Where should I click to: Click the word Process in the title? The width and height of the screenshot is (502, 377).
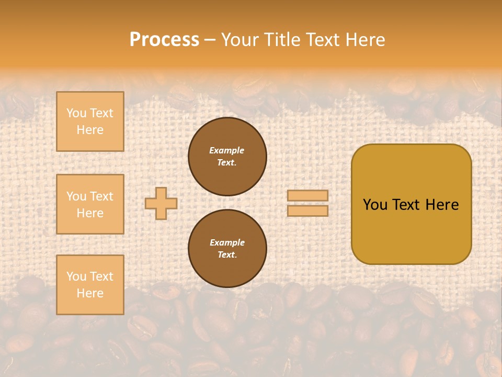click(x=164, y=40)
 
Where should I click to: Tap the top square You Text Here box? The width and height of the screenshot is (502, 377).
click(x=90, y=121)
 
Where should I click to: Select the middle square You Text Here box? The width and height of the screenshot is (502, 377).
click(x=90, y=204)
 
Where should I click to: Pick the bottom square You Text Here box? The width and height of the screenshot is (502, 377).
click(x=90, y=285)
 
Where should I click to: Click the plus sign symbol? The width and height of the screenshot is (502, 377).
click(x=161, y=203)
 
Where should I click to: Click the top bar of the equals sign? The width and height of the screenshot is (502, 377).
click(x=307, y=195)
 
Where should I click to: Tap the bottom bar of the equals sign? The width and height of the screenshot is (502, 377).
click(x=307, y=210)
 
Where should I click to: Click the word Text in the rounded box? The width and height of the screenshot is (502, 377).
click(x=405, y=205)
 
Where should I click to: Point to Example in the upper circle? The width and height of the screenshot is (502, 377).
click(x=227, y=150)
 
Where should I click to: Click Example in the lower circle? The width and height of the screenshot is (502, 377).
click(x=227, y=242)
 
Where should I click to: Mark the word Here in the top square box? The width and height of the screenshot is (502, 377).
click(x=90, y=130)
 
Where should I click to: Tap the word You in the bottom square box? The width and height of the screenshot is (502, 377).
click(x=76, y=276)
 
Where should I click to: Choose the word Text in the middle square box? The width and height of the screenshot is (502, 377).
click(x=101, y=196)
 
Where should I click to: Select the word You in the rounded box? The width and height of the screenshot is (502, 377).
click(x=375, y=205)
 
